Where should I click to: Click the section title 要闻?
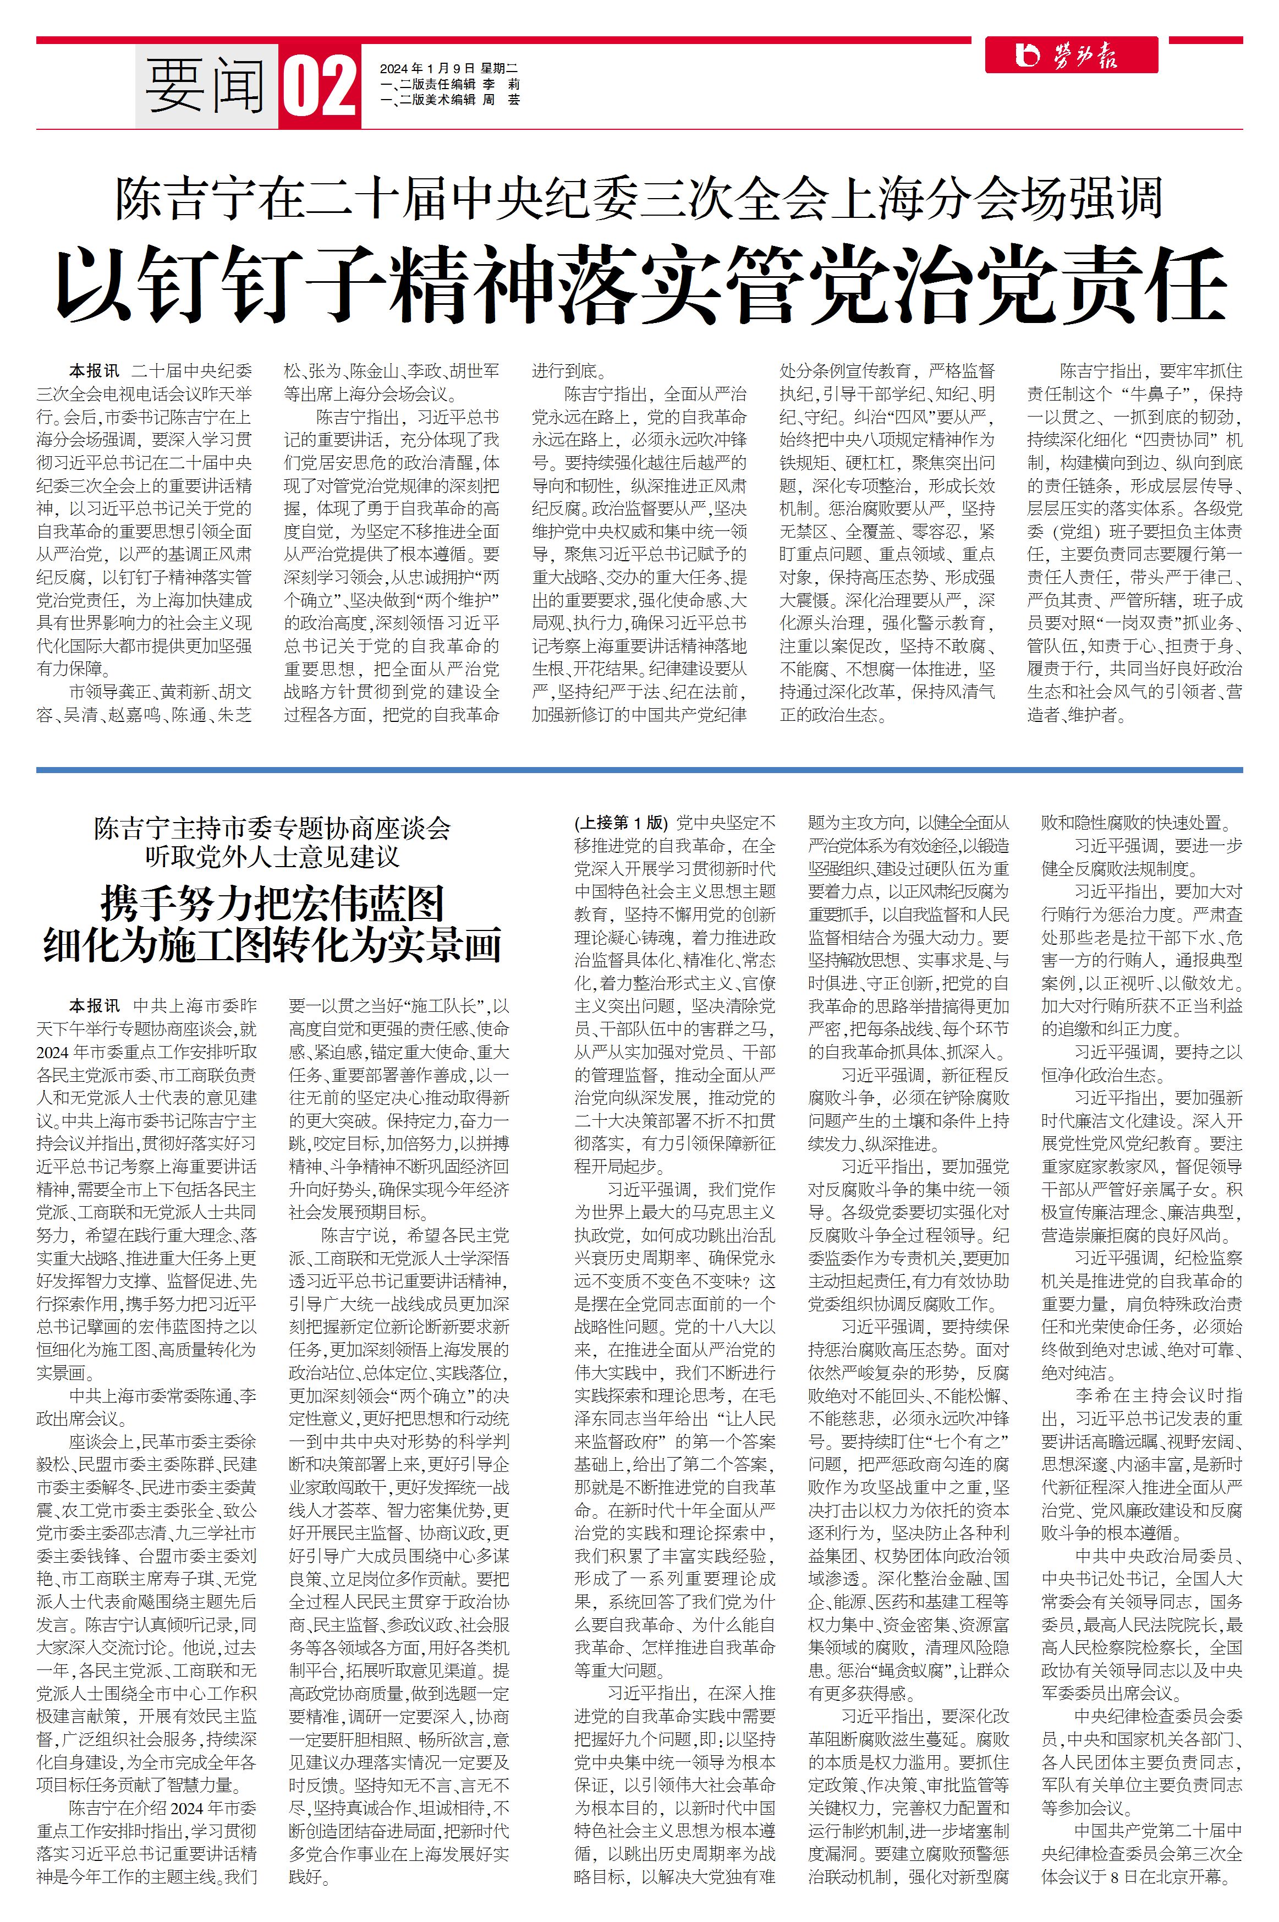(206, 86)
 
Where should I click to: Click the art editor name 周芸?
(501, 100)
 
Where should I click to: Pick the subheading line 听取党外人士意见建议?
(272, 857)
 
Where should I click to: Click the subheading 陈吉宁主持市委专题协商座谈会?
(272, 829)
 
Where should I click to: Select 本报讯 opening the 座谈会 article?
(94, 1006)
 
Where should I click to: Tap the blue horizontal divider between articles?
(639, 769)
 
